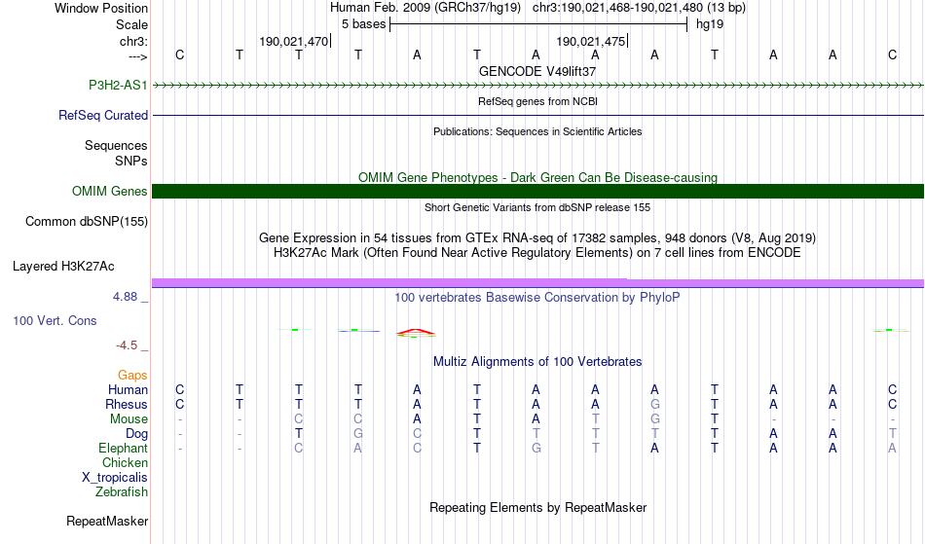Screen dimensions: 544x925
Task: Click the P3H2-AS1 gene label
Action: coord(118,85)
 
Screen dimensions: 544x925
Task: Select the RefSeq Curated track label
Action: coord(103,115)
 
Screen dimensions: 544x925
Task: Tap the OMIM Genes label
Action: coord(110,191)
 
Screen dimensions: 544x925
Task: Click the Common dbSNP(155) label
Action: coord(87,221)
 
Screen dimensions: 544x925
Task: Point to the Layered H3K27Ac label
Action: coord(63,265)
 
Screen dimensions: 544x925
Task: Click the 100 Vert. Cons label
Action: coord(55,320)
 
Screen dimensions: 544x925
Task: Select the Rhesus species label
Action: coord(127,404)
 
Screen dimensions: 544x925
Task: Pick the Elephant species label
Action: coord(123,448)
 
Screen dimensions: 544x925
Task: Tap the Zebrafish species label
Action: coord(122,491)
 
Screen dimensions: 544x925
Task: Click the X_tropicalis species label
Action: coord(115,477)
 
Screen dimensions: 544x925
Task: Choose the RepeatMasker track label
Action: coord(107,521)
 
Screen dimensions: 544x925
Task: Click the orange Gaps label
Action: coord(132,375)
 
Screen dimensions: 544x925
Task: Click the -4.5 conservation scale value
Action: coord(129,345)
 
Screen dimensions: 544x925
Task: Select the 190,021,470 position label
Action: coord(294,41)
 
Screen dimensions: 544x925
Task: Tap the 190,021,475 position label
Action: coord(590,41)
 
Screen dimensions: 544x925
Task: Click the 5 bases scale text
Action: coord(363,23)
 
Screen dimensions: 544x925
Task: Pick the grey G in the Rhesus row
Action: coord(655,404)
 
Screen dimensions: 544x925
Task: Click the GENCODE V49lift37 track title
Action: coord(537,71)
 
